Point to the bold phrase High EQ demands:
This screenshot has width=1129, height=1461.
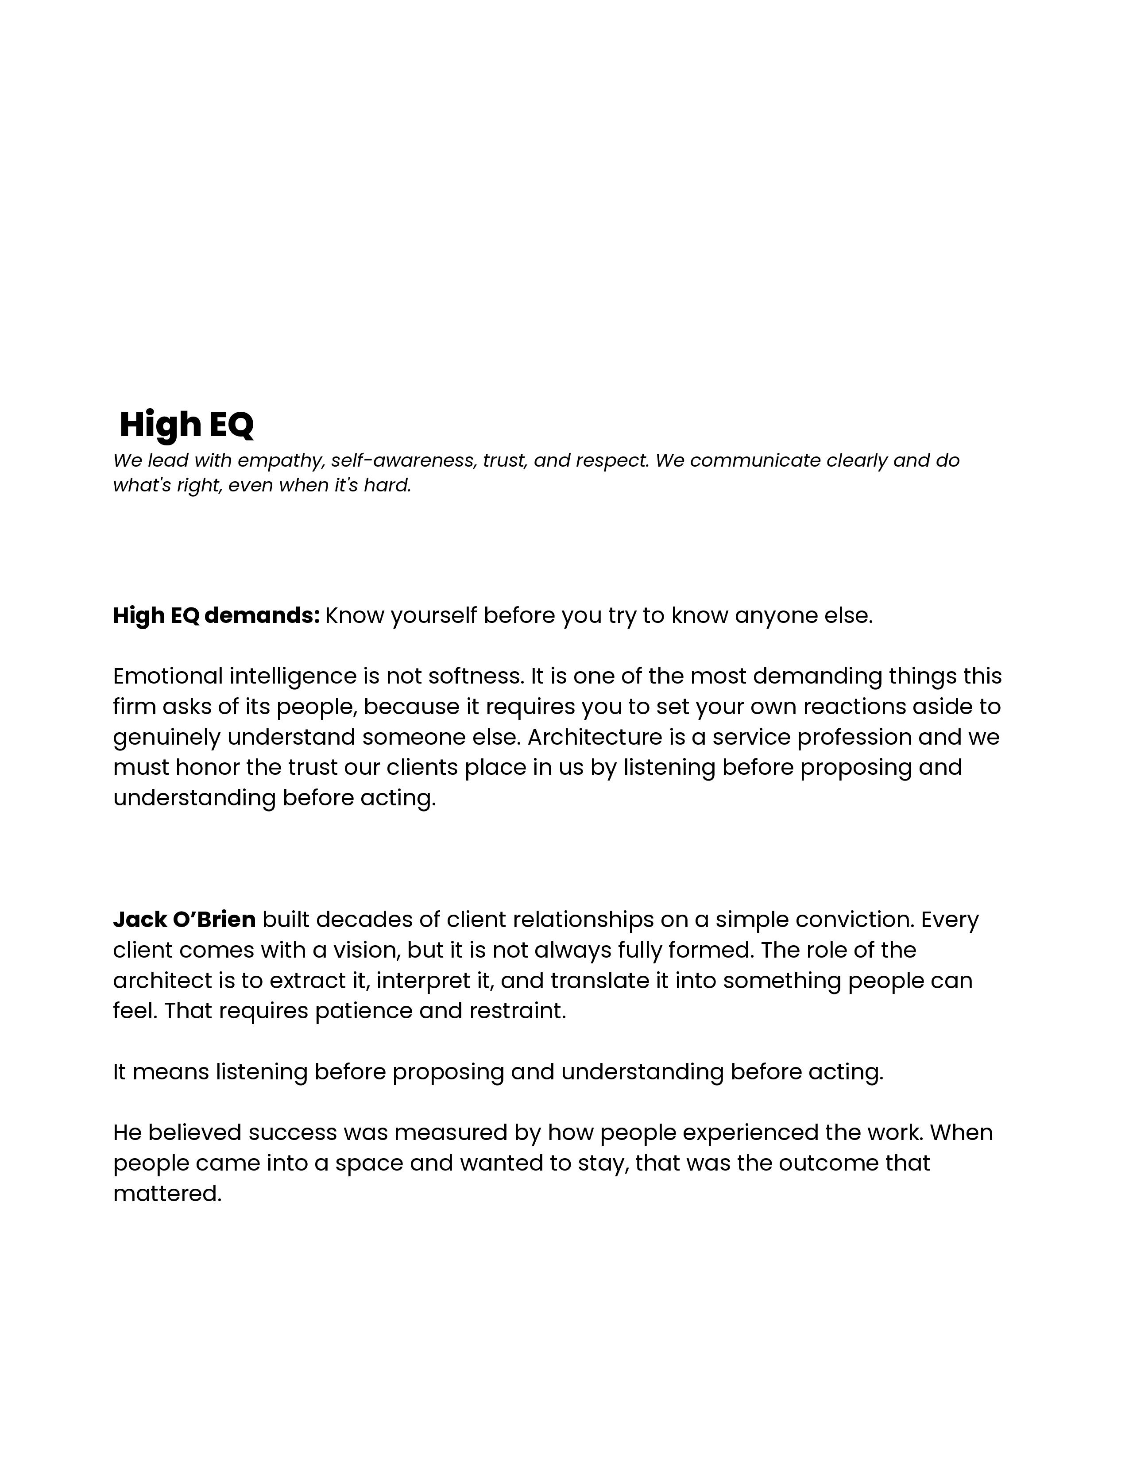(216, 615)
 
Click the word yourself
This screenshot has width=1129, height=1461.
(434, 615)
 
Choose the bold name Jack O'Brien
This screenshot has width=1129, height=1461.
(184, 920)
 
